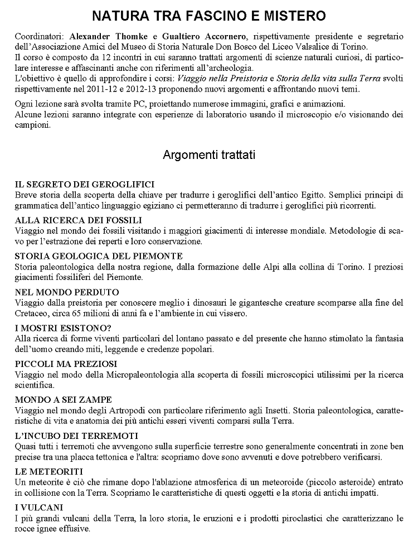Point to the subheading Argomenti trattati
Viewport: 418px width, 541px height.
209,154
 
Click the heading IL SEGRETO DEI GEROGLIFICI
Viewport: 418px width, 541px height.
85,184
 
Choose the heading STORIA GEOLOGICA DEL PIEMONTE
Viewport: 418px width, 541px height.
99,256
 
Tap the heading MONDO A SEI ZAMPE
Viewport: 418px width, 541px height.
64,400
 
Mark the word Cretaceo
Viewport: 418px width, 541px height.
33,313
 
